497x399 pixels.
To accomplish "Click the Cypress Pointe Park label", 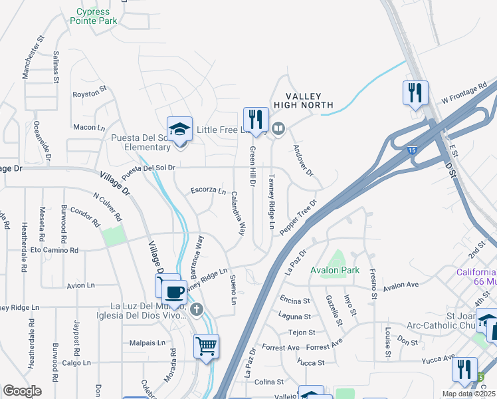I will (x=96, y=16).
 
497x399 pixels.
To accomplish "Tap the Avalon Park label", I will (x=335, y=270).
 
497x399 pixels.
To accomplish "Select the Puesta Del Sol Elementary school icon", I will (x=179, y=130).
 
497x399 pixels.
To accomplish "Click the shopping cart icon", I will (x=206, y=346).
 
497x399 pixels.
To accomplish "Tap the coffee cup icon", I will (x=174, y=293).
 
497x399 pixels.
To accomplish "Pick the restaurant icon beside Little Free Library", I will (x=256, y=120).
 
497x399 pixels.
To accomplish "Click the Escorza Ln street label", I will (x=209, y=191).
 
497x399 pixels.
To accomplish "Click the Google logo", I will (x=23, y=391).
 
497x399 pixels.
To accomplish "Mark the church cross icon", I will (x=196, y=309).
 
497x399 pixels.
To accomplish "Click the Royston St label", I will (x=90, y=94).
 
